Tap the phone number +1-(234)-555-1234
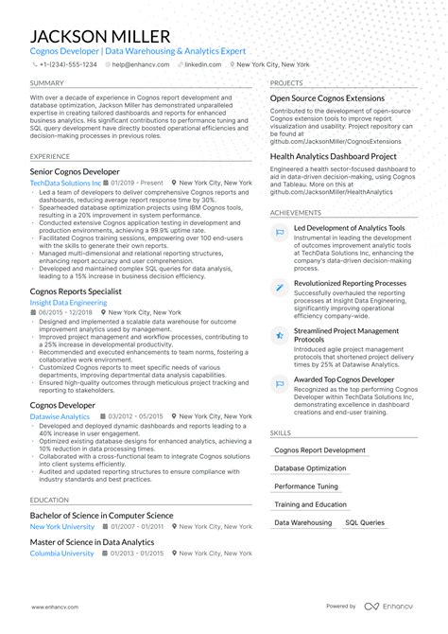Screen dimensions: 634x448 click(67, 64)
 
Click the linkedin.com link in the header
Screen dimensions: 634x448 click(200, 64)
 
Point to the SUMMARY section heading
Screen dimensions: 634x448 click(47, 83)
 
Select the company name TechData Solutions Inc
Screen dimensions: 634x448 click(65, 183)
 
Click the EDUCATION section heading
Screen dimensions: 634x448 click(49, 500)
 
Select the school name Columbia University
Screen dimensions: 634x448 click(62, 554)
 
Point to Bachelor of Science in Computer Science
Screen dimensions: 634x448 click(102, 516)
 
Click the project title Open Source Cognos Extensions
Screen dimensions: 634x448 click(327, 98)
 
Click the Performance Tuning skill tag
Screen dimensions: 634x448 click(306, 485)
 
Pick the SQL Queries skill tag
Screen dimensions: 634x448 click(364, 522)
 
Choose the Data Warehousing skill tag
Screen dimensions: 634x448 click(302, 522)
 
